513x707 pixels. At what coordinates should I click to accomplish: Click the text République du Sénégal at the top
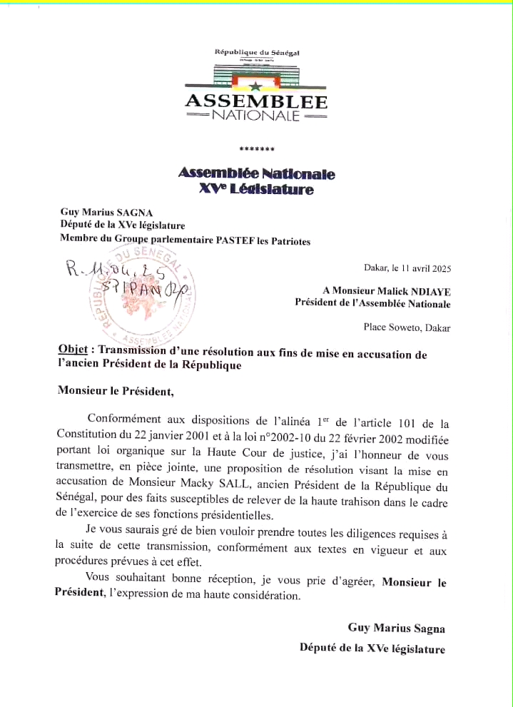click(257, 52)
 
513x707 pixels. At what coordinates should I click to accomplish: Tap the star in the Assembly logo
click(255, 86)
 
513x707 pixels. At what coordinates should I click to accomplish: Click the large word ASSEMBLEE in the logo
click(256, 101)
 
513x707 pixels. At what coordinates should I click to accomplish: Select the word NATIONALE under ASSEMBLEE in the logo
click(256, 116)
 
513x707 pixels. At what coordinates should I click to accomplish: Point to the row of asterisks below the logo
click(257, 149)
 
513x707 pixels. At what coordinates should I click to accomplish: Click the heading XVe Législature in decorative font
click(256, 190)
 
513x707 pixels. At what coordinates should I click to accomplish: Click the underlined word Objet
click(73, 350)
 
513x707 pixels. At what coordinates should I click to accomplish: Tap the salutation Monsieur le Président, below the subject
click(116, 391)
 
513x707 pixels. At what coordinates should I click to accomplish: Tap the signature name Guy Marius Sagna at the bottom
click(396, 628)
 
